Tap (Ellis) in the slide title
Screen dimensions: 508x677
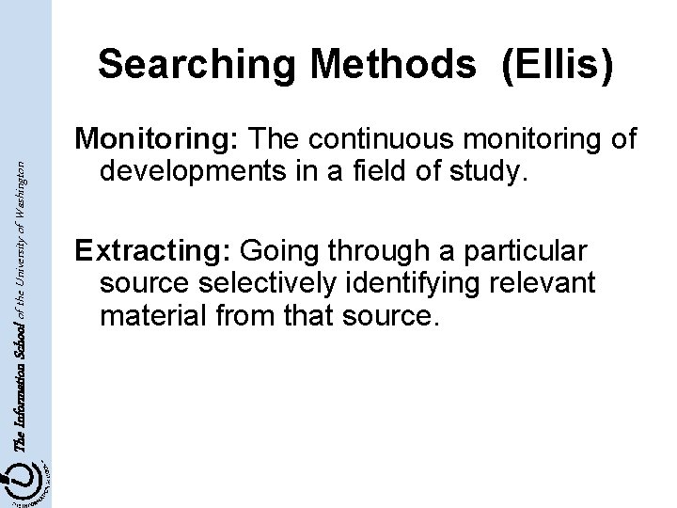tap(559, 64)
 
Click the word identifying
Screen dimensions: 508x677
tap(436, 284)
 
